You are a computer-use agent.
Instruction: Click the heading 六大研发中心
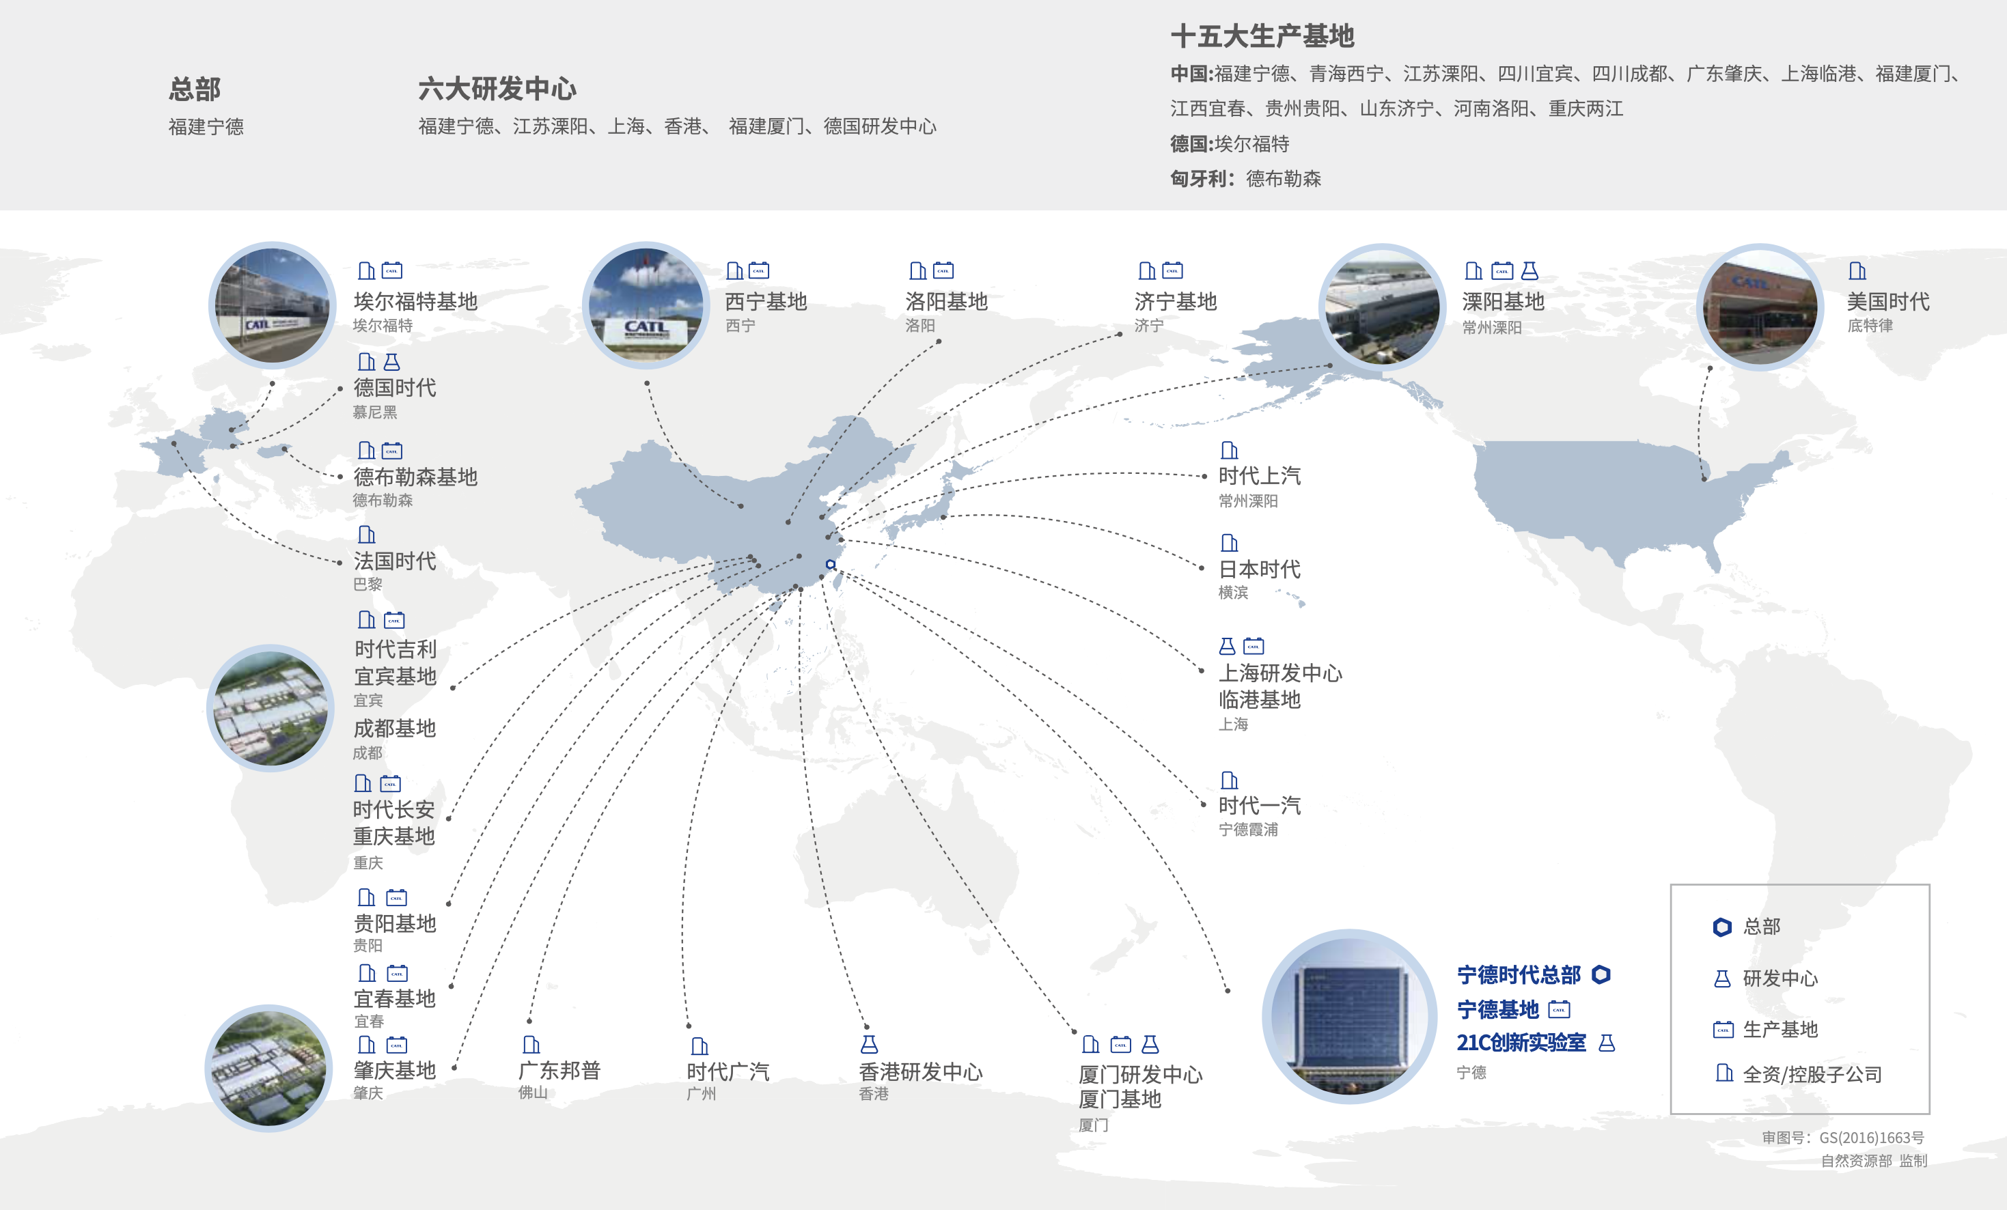[497, 89]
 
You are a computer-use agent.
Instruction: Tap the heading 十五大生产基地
[1262, 36]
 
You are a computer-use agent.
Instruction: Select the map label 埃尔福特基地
[415, 301]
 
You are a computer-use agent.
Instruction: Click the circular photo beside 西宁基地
[646, 305]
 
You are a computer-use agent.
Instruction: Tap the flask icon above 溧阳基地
[1530, 270]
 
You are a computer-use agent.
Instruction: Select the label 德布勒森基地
[415, 477]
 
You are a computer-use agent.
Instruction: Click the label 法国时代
[394, 561]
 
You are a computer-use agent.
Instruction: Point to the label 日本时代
[1258, 569]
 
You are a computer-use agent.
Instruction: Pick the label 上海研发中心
[1279, 673]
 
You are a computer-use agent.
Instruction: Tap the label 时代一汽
[1258, 805]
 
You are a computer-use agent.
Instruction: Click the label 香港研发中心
[920, 1071]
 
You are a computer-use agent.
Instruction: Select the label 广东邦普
[559, 1070]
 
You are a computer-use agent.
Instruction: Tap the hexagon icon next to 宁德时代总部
[1601, 974]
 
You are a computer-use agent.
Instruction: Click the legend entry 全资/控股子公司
[1812, 1074]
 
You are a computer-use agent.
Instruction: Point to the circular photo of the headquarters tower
[1349, 1016]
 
